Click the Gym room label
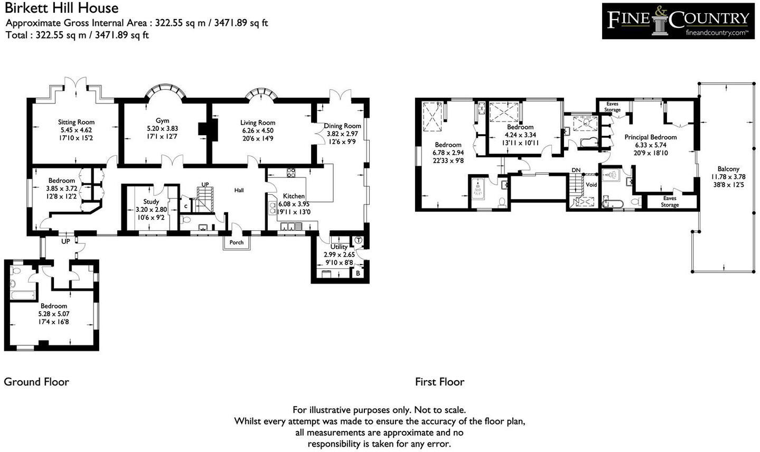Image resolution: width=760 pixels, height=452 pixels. [162, 120]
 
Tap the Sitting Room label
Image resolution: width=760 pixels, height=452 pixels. [77, 122]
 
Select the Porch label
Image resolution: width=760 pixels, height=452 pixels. [237, 242]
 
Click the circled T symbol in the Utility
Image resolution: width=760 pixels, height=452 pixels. [359, 240]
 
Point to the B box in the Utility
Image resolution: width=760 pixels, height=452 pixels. [358, 274]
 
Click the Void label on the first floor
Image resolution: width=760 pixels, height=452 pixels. [592, 185]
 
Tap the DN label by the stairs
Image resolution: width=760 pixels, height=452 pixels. [577, 171]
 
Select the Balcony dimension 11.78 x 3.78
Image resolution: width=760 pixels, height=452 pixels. [728, 177]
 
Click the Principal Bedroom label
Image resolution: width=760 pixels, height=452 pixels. [650, 137]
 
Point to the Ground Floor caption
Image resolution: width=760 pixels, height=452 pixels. [36, 382]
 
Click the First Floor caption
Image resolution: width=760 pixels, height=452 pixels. [439, 382]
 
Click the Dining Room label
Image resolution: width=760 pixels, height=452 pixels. [343, 126]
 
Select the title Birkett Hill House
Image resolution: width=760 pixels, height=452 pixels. [62, 8]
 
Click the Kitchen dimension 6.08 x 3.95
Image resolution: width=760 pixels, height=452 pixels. [294, 204]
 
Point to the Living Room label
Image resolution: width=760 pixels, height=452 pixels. [258, 123]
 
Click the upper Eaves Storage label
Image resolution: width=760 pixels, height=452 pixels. [612, 107]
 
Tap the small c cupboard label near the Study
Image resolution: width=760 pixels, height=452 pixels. [185, 206]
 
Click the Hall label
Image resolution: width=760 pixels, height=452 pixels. [239, 190]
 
